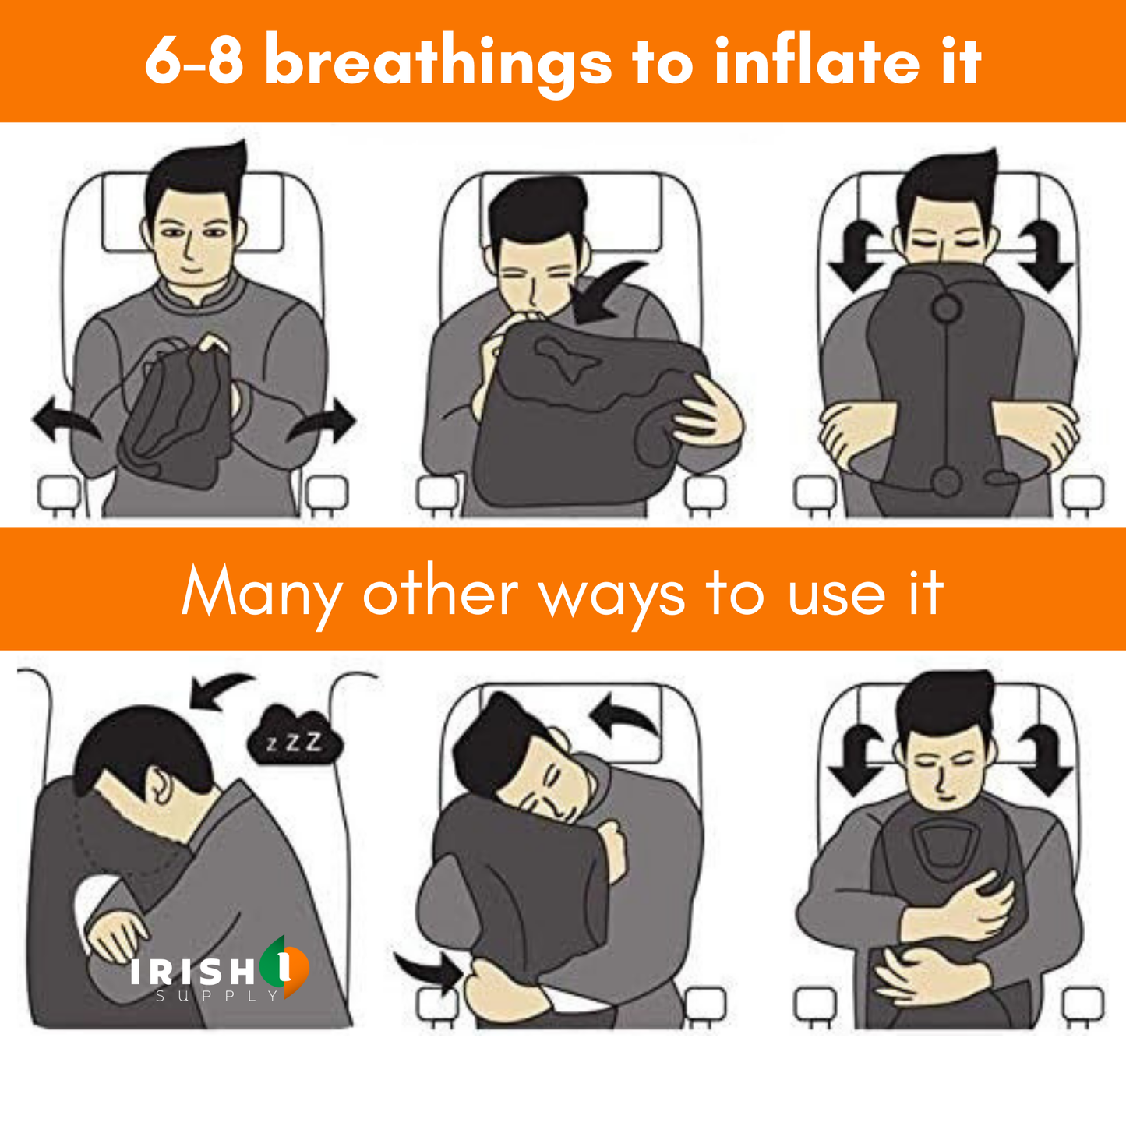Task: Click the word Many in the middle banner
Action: tap(262, 592)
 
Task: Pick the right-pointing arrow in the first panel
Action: tap(322, 422)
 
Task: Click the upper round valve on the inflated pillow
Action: tap(948, 307)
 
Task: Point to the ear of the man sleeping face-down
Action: tap(160, 786)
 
